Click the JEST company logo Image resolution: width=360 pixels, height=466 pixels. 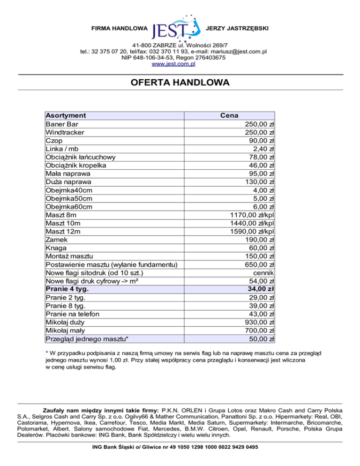pos(178,27)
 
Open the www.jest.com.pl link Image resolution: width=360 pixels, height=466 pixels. pos(180,64)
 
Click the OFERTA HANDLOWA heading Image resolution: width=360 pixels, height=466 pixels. pos(180,83)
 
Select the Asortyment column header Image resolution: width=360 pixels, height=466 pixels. pos(65,116)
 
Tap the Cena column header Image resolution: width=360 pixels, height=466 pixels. pos(229,116)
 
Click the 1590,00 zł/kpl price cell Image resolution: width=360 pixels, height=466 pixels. pos(252,231)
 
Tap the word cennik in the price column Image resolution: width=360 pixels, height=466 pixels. pos(263,272)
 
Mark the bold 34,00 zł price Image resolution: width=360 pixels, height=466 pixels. pos(261,289)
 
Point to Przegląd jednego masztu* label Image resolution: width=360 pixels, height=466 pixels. pos(87,339)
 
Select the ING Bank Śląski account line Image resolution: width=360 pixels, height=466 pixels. pos(180,447)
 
